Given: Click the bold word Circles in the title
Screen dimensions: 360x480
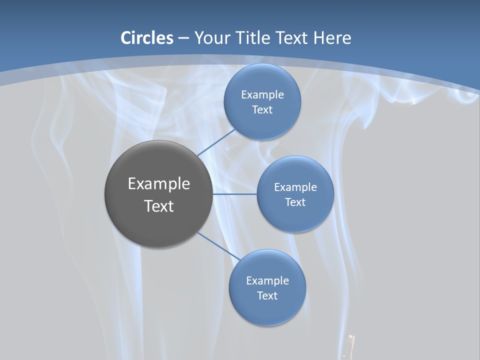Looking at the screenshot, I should point(146,38).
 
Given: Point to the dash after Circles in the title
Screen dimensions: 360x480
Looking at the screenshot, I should point(183,38).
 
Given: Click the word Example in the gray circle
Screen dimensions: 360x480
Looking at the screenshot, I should point(159,184).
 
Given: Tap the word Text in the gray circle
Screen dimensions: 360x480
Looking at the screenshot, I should point(159,206).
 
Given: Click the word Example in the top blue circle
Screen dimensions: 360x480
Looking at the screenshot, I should point(262,94).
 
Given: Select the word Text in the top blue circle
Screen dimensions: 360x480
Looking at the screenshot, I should point(262,109).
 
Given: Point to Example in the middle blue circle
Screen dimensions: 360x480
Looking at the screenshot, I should point(295,187).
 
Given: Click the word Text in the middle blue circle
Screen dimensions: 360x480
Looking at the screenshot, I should point(295,202).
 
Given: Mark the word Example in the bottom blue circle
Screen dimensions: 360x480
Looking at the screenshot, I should point(267,280).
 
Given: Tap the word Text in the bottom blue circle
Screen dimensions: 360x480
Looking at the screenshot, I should point(267,295).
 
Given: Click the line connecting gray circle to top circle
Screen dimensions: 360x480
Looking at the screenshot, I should point(216,142).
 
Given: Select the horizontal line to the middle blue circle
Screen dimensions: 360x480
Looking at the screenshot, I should point(234,194).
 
